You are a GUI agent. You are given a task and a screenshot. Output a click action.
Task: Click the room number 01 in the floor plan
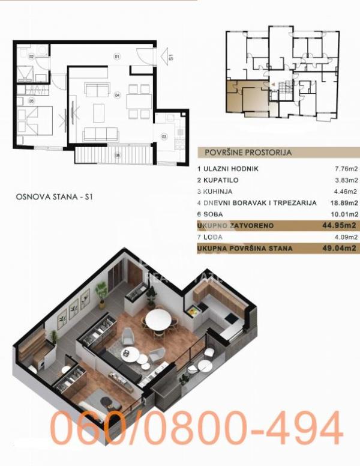click(x=116, y=56)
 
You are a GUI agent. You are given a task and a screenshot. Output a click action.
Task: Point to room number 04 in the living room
click(x=118, y=95)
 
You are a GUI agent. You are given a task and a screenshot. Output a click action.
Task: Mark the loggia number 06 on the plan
click(x=118, y=156)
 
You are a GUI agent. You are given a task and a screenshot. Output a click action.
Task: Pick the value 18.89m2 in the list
click(x=344, y=203)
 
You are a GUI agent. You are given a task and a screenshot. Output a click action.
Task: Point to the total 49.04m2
click(x=341, y=247)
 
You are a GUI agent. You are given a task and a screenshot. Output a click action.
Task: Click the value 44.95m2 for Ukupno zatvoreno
click(x=341, y=225)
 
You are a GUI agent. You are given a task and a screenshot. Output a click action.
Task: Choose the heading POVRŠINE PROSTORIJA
click(x=248, y=153)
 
